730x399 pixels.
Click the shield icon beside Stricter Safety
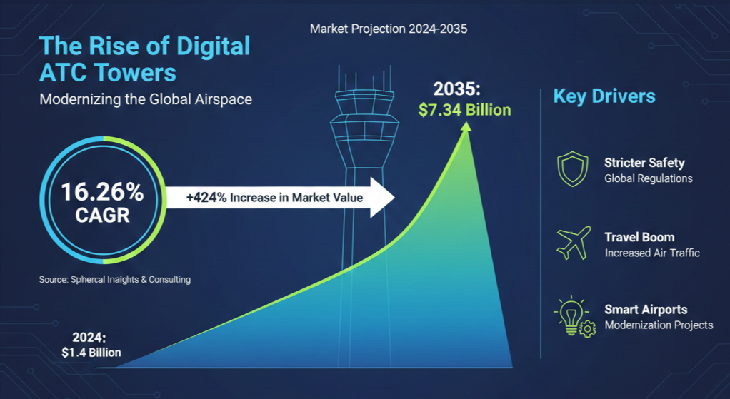pyautogui.click(x=572, y=170)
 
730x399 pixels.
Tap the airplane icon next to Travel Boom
pyautogui.click(x=573, y=243)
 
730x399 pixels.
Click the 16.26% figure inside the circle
pyautogui.click(x=102, y=192)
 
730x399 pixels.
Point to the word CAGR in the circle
pyautogui.click(x=102, y=215)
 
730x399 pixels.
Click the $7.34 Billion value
pyautogui.click(x=464, y=110)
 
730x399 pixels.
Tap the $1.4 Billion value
pyautogui.click(x=91, y=353)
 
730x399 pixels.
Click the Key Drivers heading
pyautogui.click(x=604, y=96)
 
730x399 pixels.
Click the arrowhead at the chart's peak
pyautogui.click(x=467, y=127)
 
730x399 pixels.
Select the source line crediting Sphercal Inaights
pyautogui.click(x=115, y=280)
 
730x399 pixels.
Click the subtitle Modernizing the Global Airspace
pyautogui.click(x=146, y=99)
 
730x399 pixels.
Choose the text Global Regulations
pyautogui.click(x=648, y=178)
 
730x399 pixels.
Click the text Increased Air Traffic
pyautogui.click(x=651, y=253)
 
